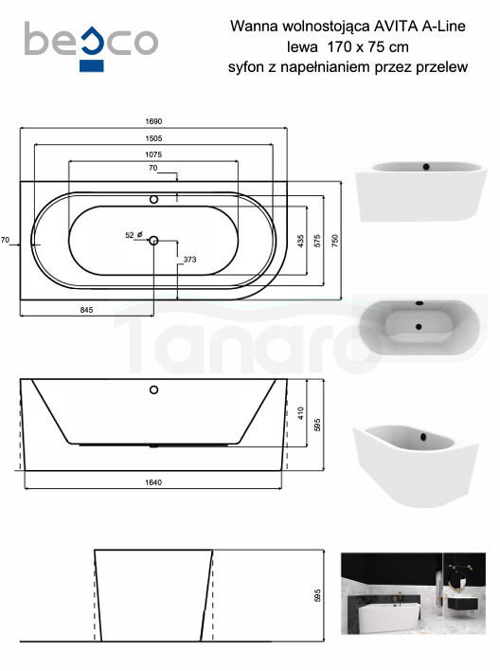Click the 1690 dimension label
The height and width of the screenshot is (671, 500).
coord(153,121)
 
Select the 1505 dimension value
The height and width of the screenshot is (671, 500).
coord(153,138)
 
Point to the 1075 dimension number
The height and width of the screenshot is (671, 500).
coord(153,154)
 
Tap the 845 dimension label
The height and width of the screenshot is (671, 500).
coord(86,310)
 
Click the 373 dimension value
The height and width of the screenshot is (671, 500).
coord(189,260)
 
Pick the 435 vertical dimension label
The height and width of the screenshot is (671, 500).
coord(301,241)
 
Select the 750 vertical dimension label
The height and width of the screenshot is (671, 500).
coord(335,241)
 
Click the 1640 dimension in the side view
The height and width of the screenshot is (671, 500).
coord(153,482)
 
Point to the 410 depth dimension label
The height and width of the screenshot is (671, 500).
coord(301,413)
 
